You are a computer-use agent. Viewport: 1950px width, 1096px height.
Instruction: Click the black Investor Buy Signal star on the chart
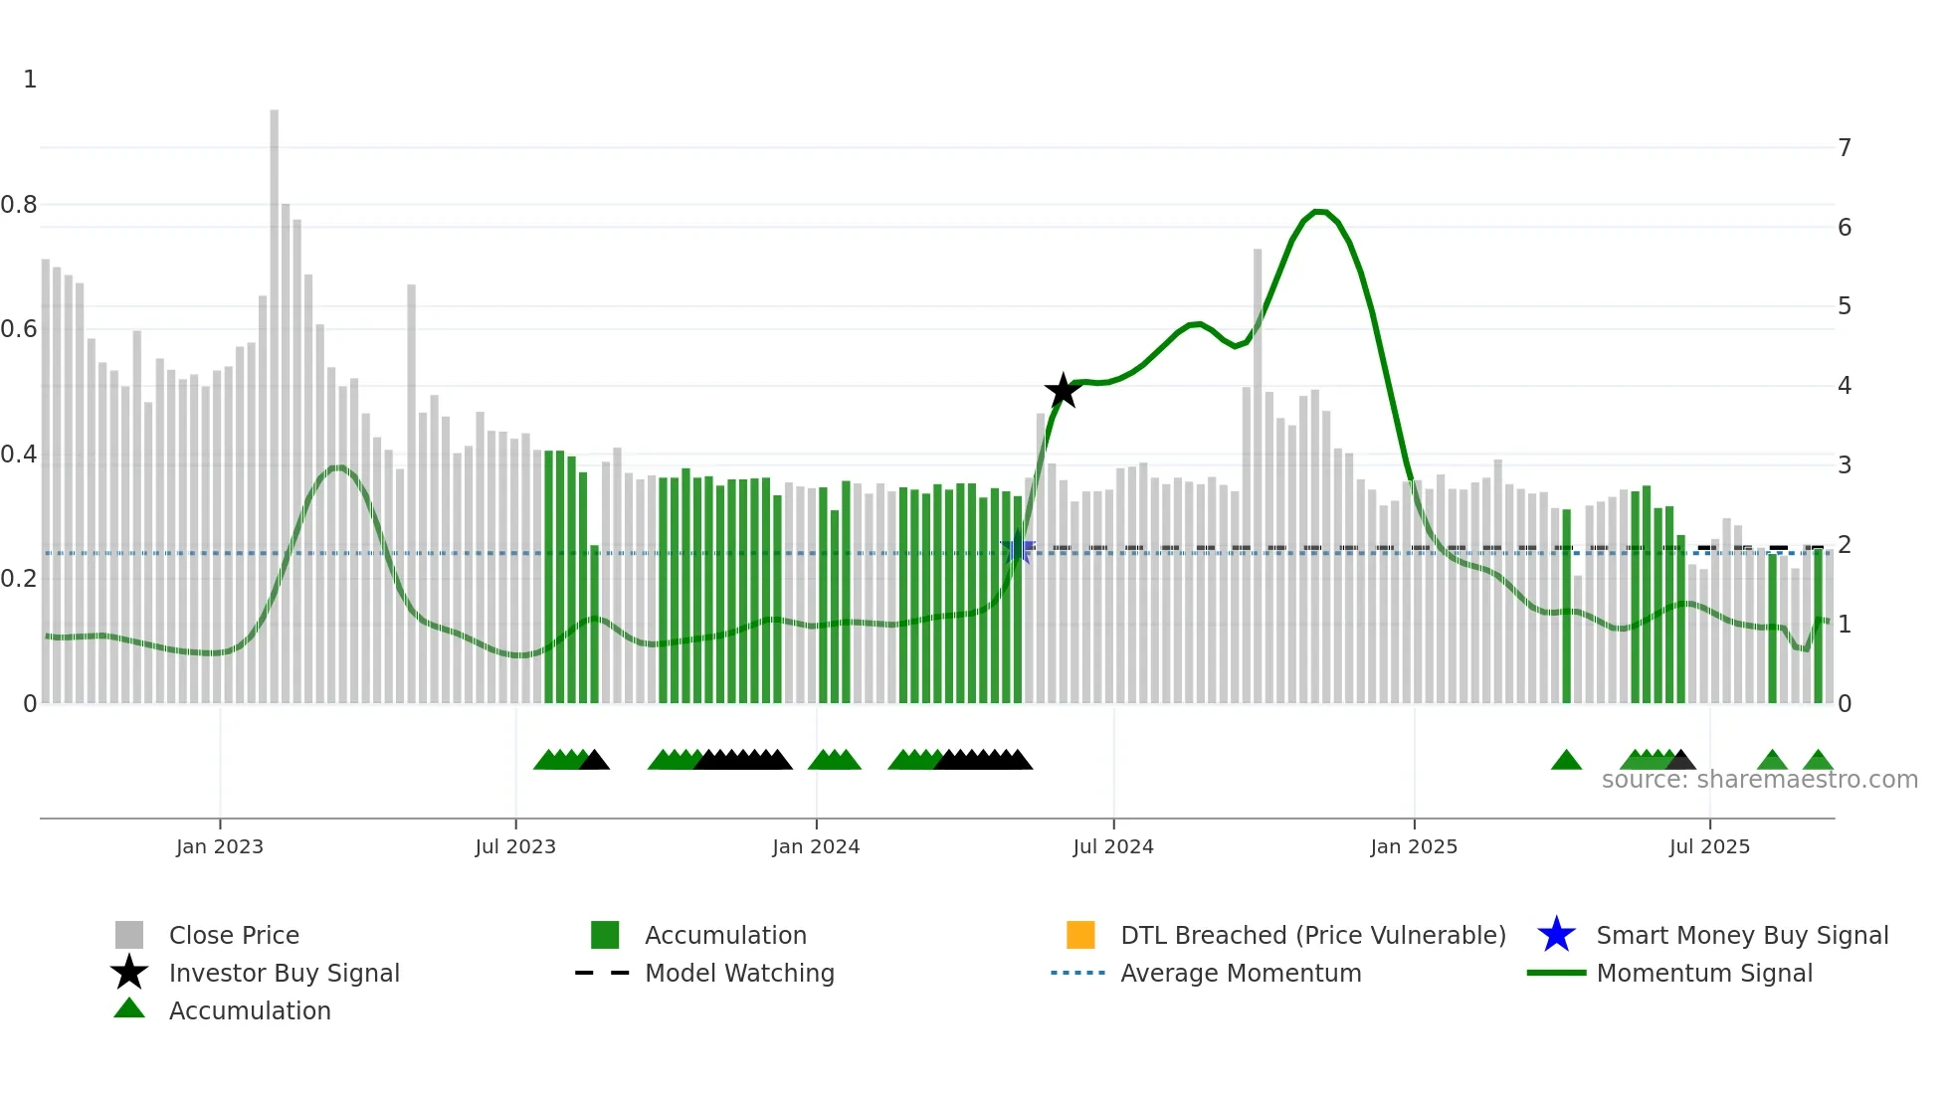coord(1063,391)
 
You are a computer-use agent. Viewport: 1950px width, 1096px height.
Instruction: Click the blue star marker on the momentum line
coord(1017,549)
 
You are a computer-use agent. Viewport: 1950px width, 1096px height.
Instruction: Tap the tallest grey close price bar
coord(274,398)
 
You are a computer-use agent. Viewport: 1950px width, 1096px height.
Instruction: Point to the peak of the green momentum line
coord(1319,212)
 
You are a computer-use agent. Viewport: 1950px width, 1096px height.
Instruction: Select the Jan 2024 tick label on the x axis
coord(816,846)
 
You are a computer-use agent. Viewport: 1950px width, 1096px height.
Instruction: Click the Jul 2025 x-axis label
coord(1709,846)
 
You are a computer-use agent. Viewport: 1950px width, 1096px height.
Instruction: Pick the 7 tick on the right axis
coord(1845,148)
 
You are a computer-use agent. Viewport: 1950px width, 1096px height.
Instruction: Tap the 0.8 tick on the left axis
coord(20,205)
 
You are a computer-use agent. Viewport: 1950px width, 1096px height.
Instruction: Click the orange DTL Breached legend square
coord(1080,935)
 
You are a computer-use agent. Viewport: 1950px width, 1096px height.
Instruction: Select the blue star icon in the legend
coord(1556,935)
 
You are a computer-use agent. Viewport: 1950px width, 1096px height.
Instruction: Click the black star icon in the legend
coord(129,973)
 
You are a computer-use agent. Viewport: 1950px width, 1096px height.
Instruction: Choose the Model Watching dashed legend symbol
coord(602,973)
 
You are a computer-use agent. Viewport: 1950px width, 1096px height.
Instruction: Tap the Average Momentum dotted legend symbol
coord(1077,973)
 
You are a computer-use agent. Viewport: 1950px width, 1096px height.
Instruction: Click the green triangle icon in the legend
coord(129,1008)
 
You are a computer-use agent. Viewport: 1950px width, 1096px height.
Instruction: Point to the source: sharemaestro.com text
coord(1759,780)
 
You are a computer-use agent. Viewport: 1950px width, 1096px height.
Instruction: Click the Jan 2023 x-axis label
coord(220,846)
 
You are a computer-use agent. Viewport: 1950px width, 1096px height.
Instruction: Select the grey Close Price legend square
coord(129,935)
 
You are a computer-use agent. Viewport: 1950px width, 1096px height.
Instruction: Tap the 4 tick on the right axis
coord(1845,386)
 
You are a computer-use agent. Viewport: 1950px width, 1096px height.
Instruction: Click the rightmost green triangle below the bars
coord(1818,761)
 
